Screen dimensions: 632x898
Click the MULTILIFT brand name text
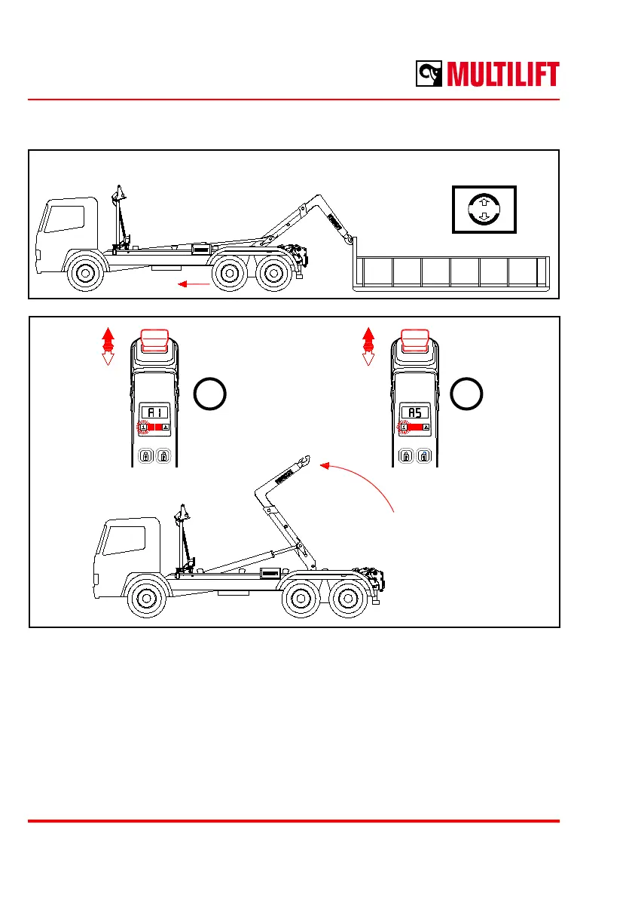coord(502,75)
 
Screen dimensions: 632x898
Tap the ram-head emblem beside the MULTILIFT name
coord(429,74)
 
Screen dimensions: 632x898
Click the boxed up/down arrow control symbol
coord(484,210)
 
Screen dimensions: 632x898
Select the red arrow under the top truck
coord(194,283)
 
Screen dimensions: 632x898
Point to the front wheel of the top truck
coord(85,273)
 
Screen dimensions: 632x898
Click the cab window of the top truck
coord(65,219)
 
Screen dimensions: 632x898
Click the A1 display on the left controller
coord(155,412)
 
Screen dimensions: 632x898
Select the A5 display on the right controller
coord(414,412)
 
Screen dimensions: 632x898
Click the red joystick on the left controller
coord(154,340)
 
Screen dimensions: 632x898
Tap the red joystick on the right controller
coord(414,340)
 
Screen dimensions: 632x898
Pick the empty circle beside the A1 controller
coord(210,394)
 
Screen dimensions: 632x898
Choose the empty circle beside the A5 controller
coord(467,394)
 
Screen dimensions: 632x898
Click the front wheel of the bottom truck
coord(146,599)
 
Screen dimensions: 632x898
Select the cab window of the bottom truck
coord(124,540)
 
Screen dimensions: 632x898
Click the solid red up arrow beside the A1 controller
coord(108,339)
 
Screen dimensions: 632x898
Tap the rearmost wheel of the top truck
coord(273,273)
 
